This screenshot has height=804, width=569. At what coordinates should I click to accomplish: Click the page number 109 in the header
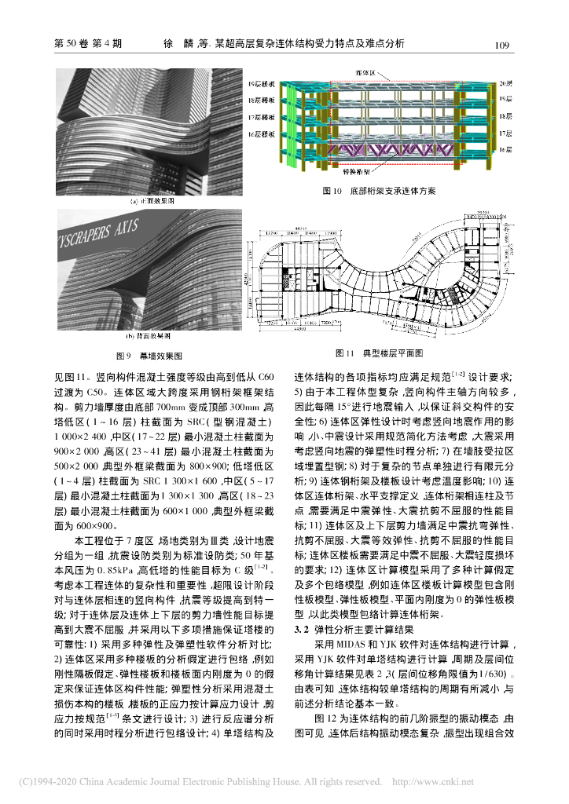coord(503,44)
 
